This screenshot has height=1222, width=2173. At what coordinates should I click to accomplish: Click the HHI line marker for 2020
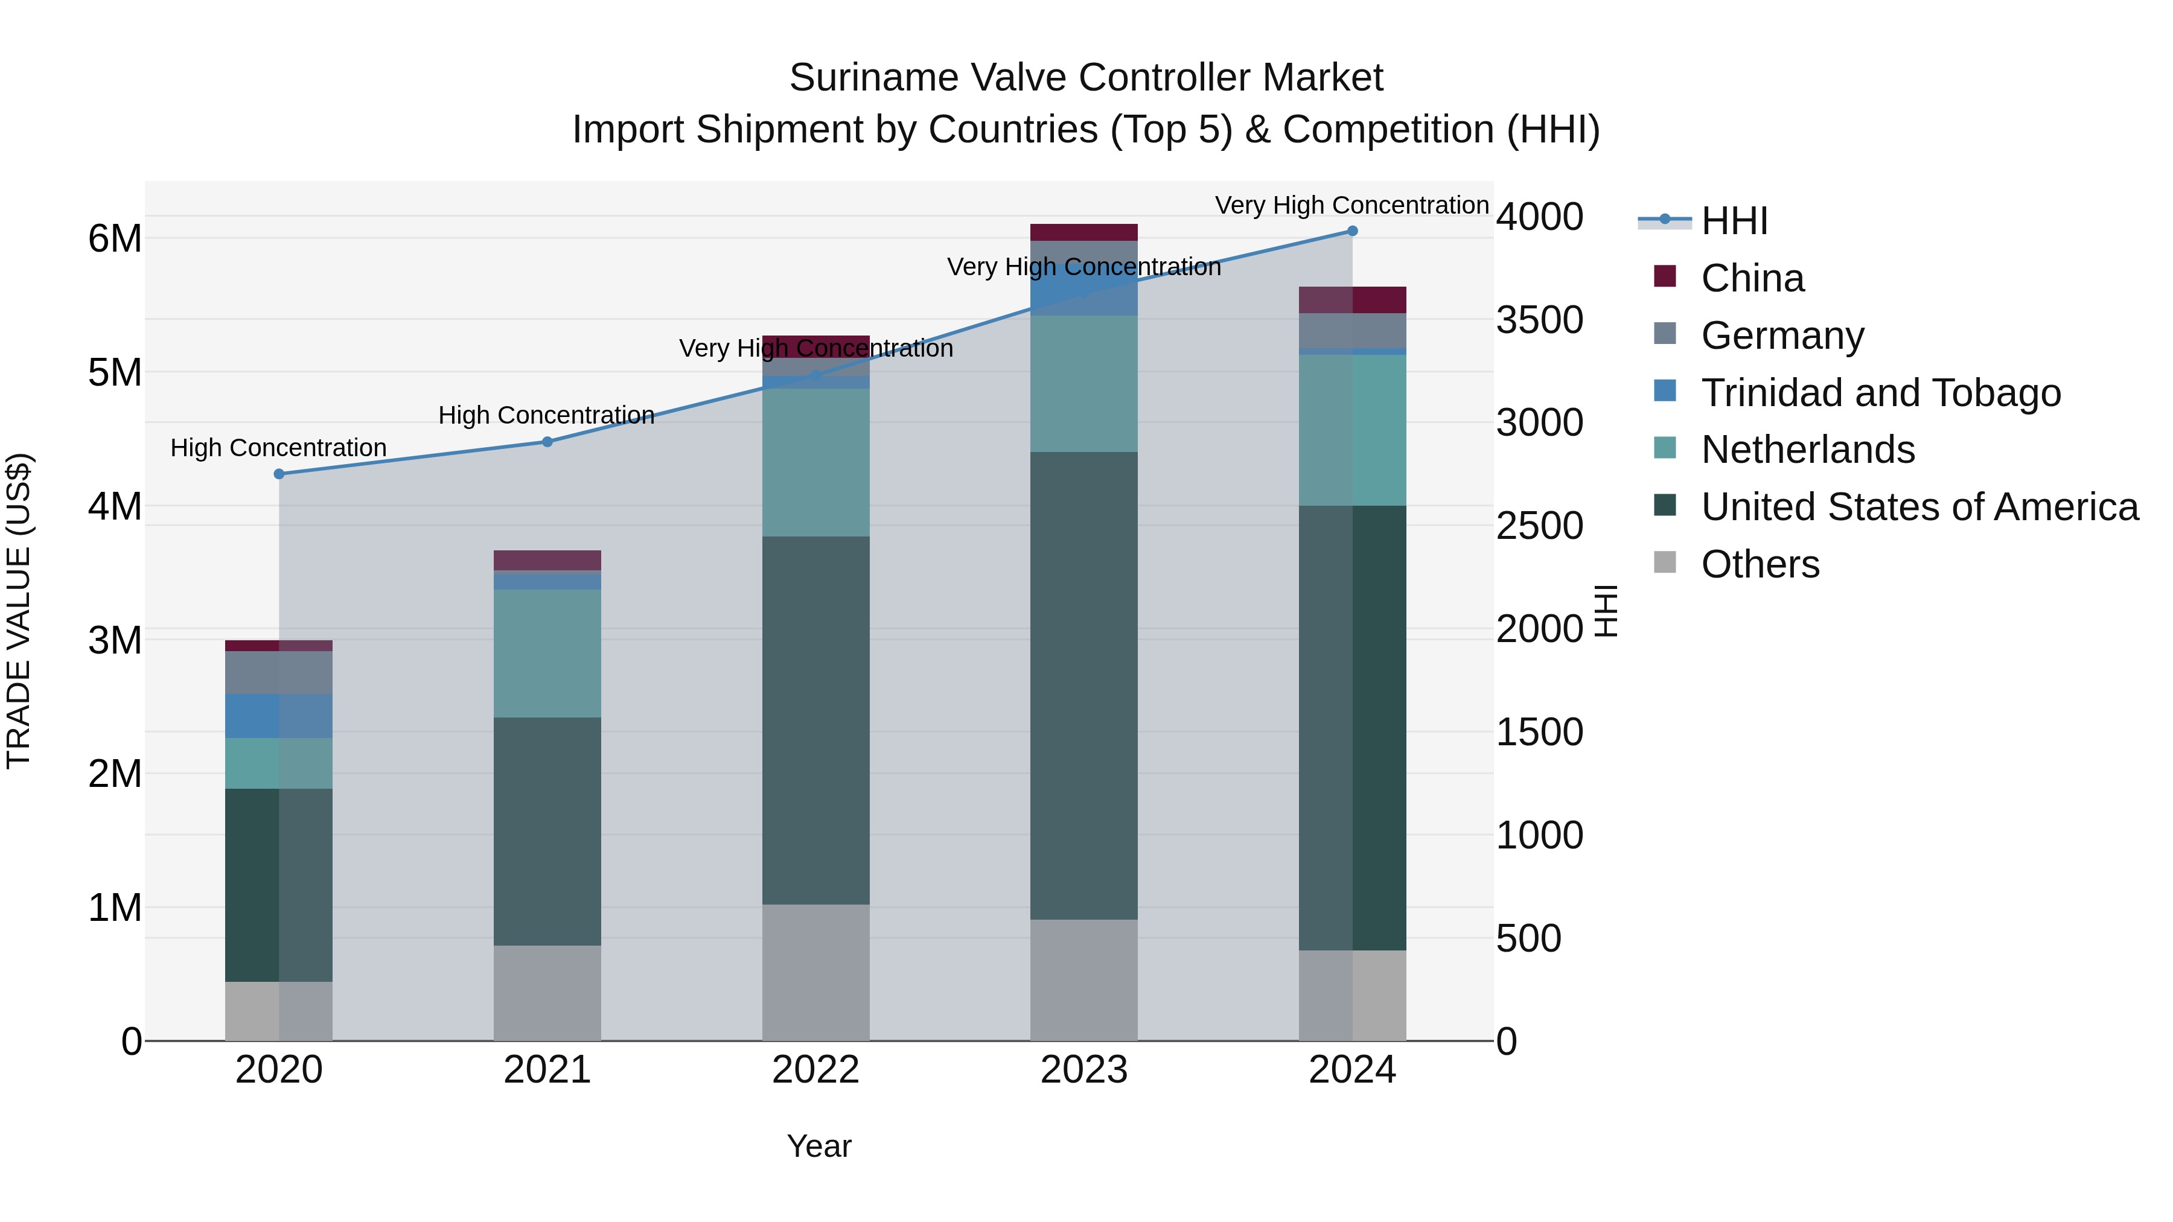pos(279,474)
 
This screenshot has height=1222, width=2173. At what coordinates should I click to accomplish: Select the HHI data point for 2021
pos(547,442)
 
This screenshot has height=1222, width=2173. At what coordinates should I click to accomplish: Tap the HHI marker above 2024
pos(1352,231)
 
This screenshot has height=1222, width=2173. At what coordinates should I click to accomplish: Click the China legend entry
pos(1752,278)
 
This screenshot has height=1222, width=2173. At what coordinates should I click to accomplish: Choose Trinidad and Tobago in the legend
pos(1880,393)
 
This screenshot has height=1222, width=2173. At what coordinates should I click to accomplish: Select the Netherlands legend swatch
pos(1665,448)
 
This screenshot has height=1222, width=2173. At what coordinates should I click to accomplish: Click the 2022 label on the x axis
pos(815,1070)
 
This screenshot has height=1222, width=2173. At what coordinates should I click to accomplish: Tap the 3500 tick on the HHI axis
pos(1539,320)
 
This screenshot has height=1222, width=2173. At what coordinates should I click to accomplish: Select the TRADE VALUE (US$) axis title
pos(19,611)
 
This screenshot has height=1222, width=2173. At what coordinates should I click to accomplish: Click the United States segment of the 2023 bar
pos(1084,685)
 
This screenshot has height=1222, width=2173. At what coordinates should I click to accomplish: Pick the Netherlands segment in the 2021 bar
pos(547,653)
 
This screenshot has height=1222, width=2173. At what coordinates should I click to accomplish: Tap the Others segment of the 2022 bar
pos(815,972)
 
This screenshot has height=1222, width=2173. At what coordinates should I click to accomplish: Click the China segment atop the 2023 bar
pos(1084,233)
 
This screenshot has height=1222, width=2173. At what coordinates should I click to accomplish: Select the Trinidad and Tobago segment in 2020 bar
pos(279,716)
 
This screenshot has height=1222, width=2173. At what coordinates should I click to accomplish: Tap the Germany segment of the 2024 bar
pos(1352,331)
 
